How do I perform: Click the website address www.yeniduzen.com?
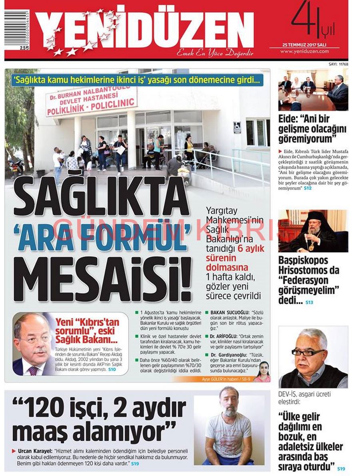click(304, 51)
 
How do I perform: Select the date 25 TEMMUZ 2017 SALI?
click(304, 44)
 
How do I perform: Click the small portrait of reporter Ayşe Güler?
click(262, 371)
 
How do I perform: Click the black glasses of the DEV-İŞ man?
click(308, 352)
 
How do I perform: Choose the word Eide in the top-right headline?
click(289, 119)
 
